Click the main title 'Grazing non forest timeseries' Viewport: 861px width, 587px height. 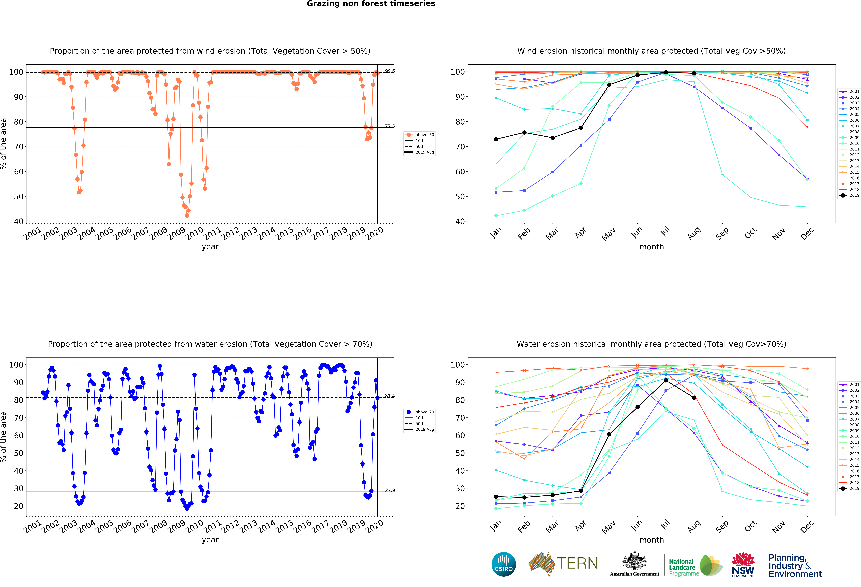371,4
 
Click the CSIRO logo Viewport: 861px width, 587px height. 503,564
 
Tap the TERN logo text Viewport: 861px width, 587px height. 577,563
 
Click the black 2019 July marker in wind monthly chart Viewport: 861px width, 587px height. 666,72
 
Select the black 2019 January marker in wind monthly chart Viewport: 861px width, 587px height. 496,139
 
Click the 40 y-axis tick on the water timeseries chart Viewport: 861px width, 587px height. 19,471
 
